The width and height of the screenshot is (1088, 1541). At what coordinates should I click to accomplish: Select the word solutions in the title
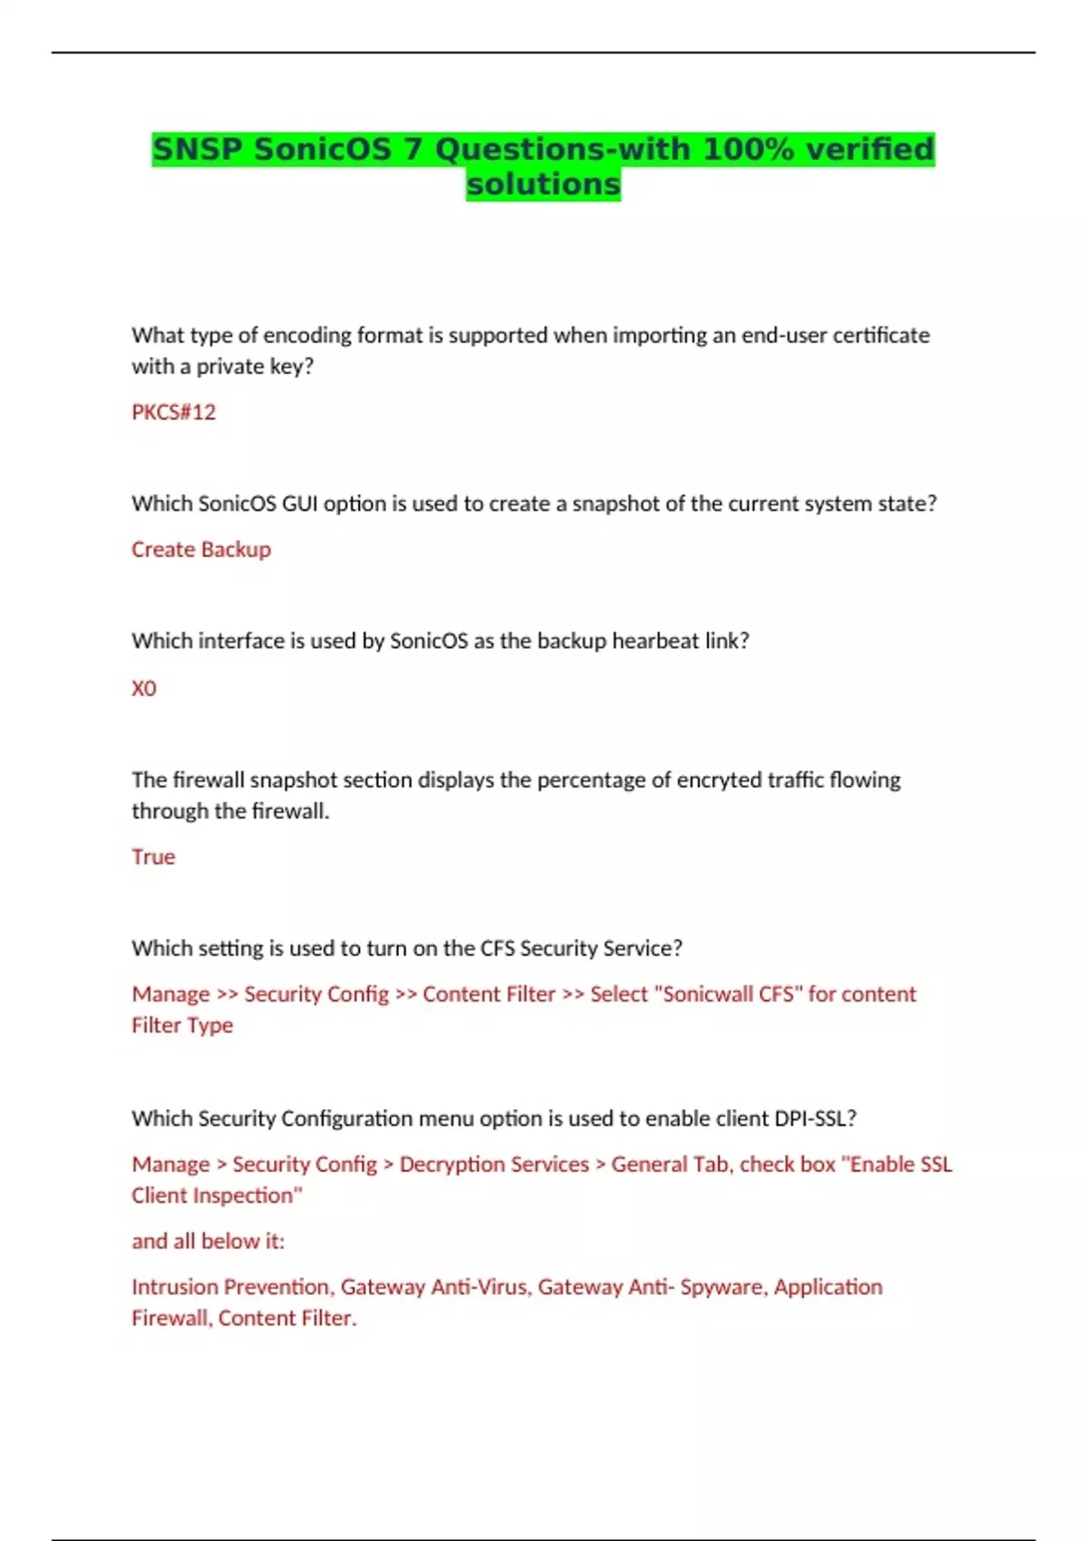coord(543,184)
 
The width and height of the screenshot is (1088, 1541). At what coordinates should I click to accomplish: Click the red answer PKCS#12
coord(174,412)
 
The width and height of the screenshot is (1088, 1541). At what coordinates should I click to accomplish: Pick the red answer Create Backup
coord(201,549)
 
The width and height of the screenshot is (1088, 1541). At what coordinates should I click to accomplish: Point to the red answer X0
coord(144,689)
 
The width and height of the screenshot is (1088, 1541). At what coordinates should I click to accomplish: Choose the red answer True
coord(153,857)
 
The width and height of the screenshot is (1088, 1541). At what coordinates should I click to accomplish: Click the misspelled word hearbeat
coord(655,641)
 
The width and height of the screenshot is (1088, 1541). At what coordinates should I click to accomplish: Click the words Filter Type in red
coord(182,1025)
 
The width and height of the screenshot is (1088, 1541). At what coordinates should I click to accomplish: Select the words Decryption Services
coord(494,1164)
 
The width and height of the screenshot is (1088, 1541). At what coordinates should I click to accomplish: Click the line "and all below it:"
coord(208,1241)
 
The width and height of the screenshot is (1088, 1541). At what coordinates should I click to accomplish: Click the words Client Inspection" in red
coord(217,1196)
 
